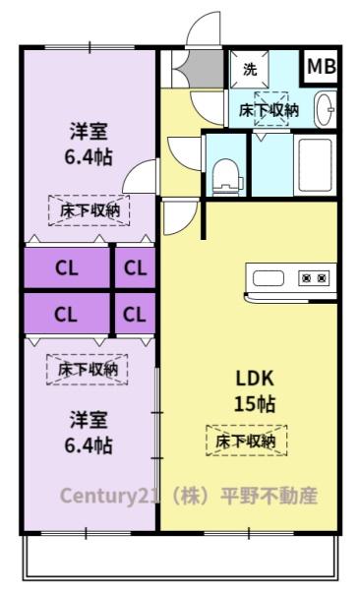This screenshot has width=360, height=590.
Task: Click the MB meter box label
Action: (x=322, y=67)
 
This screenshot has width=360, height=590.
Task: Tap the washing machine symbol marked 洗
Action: (x=249, y=70)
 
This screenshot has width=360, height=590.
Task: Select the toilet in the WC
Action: (x=226, y=177)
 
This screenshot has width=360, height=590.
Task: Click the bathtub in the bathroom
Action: (x=316, y=165)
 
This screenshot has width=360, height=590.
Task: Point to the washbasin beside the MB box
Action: (x=325, y=109)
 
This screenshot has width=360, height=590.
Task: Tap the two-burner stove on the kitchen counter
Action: (x=314, y=278)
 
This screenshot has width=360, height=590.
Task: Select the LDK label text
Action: (x=255, y=379)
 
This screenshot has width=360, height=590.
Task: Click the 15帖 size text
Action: (x=255, y=404)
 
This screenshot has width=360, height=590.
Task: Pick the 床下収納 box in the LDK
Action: (x=247, y=441)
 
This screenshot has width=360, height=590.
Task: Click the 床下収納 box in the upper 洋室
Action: (x=90, y=210)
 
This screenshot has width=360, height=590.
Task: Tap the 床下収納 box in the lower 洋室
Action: (x=88, y=370)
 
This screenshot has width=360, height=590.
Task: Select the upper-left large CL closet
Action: (x=67, y=267)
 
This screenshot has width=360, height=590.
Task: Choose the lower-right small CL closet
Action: (x=135, y=314)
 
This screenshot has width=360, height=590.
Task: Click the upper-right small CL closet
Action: (x=135, y=267)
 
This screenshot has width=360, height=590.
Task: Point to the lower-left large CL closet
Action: (x=67, y=314)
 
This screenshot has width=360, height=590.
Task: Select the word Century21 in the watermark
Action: (x=104, y=496)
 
